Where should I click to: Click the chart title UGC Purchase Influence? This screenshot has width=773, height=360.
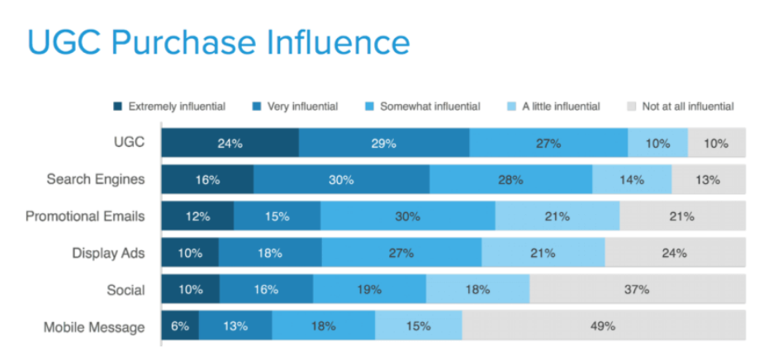coord(218,42)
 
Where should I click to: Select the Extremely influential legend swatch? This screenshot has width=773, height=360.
coord(118,107)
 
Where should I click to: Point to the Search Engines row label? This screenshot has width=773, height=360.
coord(96,179)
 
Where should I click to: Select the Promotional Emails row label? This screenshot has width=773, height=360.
coord(85,216)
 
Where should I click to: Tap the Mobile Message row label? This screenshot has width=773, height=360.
coord(94,327)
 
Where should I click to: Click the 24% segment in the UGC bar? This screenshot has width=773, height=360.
coord(230,143)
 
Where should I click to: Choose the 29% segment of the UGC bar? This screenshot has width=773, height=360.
coord(384,143)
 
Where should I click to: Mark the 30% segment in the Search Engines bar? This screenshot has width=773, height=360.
coord(341,179)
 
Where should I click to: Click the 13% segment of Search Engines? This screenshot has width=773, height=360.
coord(708,179)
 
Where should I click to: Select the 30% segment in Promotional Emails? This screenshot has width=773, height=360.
coord(407,216)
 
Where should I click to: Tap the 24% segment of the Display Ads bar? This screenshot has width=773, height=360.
coord(675,253)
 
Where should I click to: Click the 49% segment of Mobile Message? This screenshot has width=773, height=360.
coord(603,326)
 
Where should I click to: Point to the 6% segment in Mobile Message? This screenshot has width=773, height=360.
coord(180,326)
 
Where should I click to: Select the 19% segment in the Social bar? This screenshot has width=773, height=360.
coord(369,290)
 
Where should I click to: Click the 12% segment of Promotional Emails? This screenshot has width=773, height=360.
coord(197,216)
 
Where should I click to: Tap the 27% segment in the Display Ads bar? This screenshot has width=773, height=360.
coord(401,253)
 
